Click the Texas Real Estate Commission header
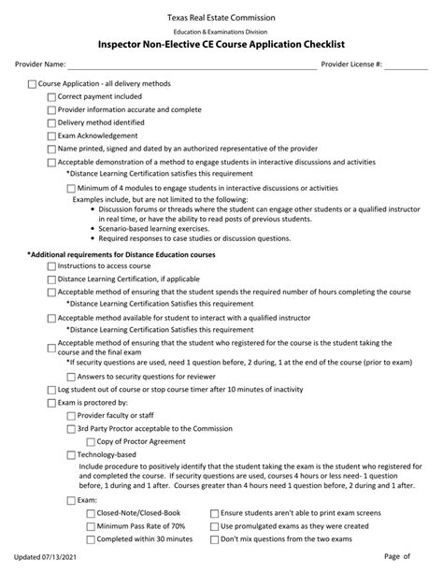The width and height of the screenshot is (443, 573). tap(221, 17)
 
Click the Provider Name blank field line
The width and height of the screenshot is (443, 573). tap(193, 65)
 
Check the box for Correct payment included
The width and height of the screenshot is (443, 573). tap(51, 96)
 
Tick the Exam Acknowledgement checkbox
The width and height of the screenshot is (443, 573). tap(51, 136)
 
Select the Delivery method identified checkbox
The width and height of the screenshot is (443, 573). tap(51, 122)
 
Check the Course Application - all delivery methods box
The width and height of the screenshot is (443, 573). tap(33, 84)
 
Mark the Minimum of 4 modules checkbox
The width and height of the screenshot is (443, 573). tap(72, 188)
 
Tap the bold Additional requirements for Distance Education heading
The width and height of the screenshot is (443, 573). tap(121, 254)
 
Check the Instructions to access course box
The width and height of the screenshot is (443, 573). tap(51, 266)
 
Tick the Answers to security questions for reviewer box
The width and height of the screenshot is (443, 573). tap(72, 376)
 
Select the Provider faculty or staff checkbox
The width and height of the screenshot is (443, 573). tap(72, 415)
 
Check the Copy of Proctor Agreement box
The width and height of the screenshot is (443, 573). tap(91, 441)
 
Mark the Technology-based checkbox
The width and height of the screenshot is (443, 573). tap(72, 454)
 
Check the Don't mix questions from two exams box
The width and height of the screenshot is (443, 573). tap(215, 539)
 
